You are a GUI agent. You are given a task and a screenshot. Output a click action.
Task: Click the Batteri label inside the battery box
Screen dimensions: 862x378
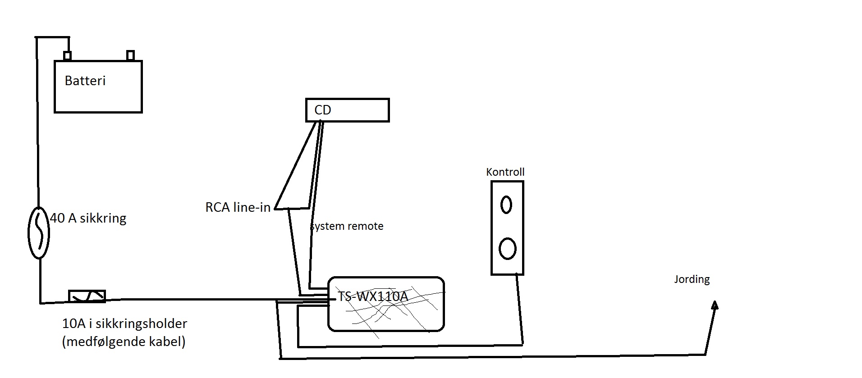(85, 81)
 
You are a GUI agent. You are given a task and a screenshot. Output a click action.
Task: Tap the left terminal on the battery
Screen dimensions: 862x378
(68, 56)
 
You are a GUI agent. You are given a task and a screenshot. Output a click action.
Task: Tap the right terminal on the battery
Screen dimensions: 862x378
(130, 55)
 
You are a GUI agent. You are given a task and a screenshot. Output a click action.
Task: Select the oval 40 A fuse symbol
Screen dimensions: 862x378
(39, 232)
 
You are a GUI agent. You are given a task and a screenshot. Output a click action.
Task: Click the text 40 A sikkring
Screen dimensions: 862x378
(88, 219)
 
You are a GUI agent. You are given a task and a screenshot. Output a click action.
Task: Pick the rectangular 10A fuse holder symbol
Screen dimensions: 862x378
(87, 296)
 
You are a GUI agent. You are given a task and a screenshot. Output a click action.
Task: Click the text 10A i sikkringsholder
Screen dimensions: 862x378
(124, 323)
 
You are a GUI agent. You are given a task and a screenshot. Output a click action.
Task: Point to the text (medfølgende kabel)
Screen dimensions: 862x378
(124, 342)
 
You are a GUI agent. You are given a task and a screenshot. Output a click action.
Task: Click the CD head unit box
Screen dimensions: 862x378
(347, 110)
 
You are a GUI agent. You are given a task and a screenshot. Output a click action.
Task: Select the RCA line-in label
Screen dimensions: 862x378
(238, 207)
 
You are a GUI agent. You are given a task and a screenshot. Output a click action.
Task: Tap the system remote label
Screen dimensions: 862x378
(347, 226)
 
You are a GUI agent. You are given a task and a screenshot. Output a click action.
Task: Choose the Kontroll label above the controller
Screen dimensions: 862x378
(505, 172)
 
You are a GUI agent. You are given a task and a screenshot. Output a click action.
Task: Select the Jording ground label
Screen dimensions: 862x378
(692, 279)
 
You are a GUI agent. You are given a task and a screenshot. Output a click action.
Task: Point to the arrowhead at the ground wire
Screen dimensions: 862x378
(715, 305)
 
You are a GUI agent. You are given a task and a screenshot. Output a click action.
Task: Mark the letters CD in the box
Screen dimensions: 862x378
(323, 110)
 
